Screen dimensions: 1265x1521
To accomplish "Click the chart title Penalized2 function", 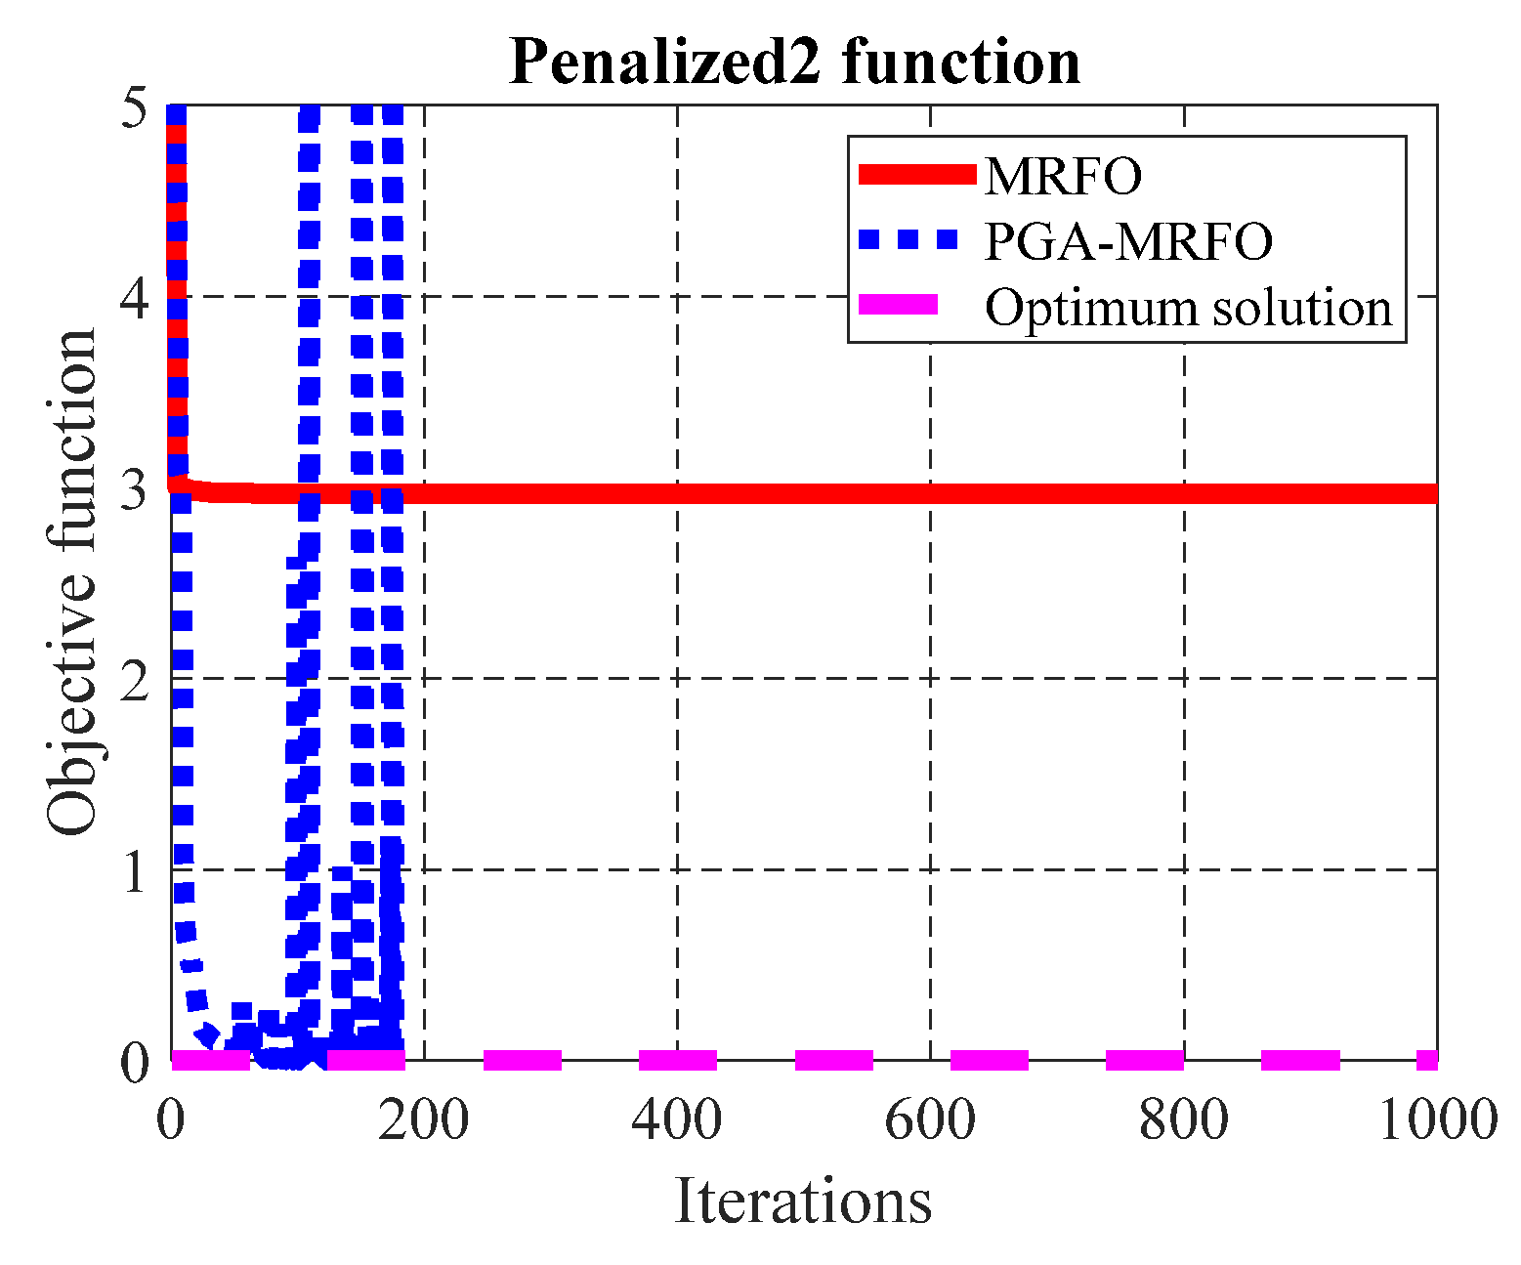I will [794, 62].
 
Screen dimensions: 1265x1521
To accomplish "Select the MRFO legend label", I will [1063, 176].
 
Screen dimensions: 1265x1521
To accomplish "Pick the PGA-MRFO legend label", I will [1128, 241].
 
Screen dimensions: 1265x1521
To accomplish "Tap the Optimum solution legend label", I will [1188, 308].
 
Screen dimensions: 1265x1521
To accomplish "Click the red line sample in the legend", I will [917, 175].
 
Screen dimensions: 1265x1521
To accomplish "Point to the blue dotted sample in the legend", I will [908, 240].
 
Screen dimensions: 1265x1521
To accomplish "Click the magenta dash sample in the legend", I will [898, 306].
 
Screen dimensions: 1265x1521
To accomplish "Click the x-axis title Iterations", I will [803, 1201].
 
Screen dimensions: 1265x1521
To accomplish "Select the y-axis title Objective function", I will [72, 583].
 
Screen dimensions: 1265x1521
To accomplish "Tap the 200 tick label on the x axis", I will [423, 1118].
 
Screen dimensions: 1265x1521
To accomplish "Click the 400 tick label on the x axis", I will [677, 1118].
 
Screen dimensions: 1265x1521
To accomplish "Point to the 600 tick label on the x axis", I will [930, 1118].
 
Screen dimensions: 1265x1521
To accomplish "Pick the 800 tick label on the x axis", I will [1184, 1118].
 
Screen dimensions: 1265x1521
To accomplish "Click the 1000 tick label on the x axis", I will [1437, 1118].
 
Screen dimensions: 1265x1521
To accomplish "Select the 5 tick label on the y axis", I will [134, 108].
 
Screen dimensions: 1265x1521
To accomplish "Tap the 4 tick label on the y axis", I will [134, 297].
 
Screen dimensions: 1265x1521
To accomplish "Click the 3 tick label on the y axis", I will [134, 488].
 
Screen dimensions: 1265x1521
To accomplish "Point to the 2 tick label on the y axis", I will [134, 679].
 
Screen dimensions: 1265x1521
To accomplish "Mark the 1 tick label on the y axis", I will [134, 870].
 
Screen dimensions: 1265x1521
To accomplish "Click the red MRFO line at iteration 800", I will [1184, 493].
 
